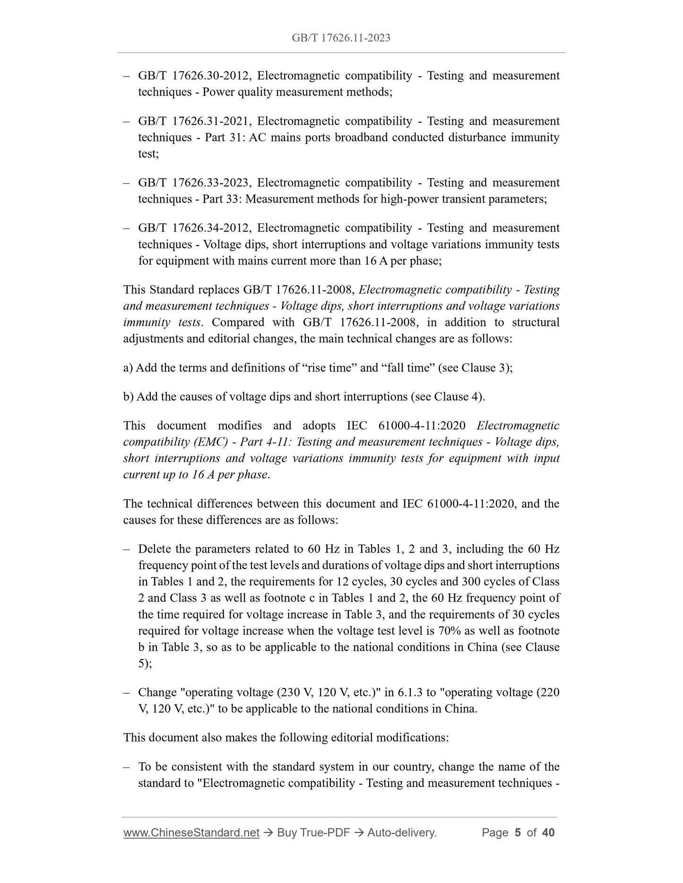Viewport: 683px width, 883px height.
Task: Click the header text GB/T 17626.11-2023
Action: tap(341, 38)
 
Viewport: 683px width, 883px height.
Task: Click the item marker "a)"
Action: tap(128, 368)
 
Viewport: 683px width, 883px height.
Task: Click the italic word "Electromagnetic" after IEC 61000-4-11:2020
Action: tap(518, 425)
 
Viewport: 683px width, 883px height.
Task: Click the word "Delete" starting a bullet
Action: tap(155, 549)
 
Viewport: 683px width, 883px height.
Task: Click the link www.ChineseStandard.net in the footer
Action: tap(191, 832)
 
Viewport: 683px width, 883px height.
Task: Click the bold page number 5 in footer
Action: tap(518, 832)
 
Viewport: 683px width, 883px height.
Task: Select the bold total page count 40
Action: tap(548, 832)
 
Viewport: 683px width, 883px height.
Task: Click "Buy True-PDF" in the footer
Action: tap(313, 832)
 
